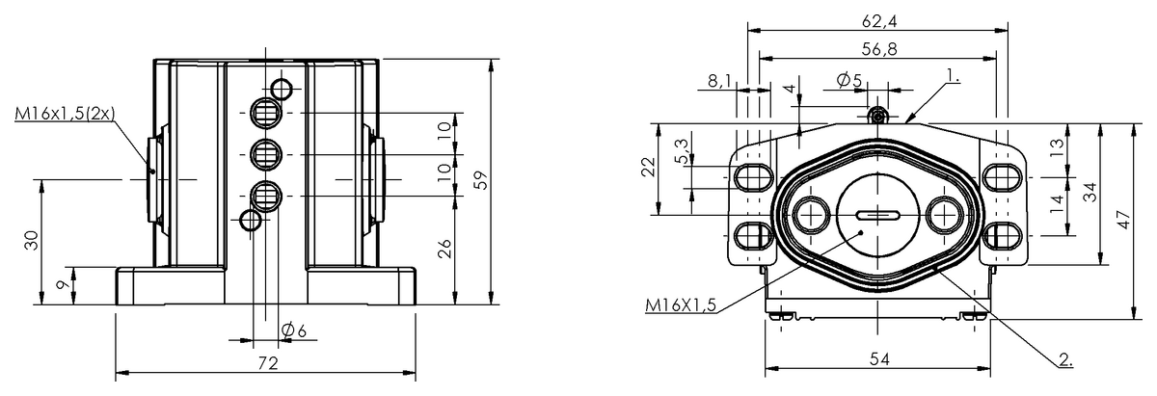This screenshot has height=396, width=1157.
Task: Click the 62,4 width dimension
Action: pyautogui.click(x=879, y=21)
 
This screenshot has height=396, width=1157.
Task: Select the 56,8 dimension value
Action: pyautogui.click(x=879, y=49)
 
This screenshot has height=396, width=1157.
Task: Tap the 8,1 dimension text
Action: pyautogui.click(x=719, y=81)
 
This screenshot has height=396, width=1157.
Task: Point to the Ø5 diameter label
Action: pyautogui.click(x=849, y=80)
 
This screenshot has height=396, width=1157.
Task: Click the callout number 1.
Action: pyautogui.click(x=953, y=76)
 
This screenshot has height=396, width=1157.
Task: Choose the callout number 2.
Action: pyautogui.click(x=1065, y=359)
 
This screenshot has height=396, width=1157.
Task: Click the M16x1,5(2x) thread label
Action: pyautogui.click(x=65, y=114)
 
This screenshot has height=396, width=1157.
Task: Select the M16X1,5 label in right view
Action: pyautogui.click(x=681, y=305)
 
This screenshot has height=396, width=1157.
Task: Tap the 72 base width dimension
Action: pyautogui.click(x=268, y=363)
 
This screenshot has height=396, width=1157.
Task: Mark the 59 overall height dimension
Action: pyautogui.click(x=481, y=181)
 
